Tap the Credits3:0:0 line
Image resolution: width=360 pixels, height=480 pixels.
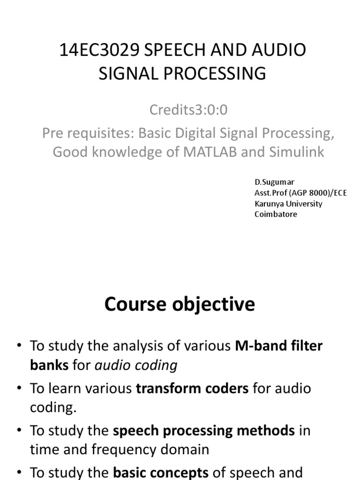[182, 110]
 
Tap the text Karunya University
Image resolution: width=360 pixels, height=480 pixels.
[288, 204]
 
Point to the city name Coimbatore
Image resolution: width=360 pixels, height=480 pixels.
[276, 214]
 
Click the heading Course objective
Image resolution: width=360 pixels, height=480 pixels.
[180, 305]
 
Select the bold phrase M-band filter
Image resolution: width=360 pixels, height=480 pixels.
[279, 346]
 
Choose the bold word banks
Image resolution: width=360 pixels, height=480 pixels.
[49, 365]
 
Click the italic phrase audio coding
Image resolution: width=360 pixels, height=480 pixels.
[136, 365]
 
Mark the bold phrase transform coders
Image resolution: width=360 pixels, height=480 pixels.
[192, 389]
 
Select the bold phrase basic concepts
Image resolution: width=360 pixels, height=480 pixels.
[161, 472]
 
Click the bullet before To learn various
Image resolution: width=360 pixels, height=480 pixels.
[19, 389]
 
